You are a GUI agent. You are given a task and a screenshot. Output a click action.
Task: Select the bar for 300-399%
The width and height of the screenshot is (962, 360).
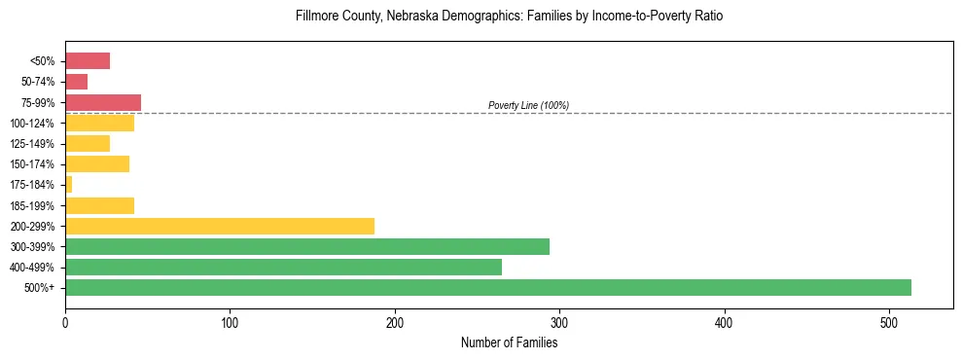point(307,246)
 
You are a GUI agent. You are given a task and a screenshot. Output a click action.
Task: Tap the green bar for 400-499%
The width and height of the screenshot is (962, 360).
point(283,267)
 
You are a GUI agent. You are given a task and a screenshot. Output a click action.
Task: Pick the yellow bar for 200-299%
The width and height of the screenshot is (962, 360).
point(220,226)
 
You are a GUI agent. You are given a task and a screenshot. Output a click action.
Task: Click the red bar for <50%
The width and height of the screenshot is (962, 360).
point(88,61)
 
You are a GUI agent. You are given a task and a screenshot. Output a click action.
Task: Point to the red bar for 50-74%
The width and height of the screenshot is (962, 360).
point(76,82)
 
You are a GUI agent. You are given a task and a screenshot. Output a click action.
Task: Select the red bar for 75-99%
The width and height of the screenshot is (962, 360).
point(103,102)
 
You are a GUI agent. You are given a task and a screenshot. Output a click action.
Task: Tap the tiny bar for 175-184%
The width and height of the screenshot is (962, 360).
point(68,184)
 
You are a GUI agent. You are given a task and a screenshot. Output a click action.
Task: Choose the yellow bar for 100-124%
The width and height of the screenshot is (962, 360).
point(99,123)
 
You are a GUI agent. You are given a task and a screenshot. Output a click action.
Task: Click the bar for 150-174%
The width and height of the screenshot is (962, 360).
point(97,163)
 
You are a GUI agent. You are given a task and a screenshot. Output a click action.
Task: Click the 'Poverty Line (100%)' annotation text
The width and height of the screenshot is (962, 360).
point(528,105)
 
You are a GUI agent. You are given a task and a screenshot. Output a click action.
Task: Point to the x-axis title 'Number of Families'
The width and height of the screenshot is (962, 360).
point(509,342)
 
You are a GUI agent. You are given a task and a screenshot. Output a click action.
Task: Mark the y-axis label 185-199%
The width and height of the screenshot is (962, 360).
point(32,205)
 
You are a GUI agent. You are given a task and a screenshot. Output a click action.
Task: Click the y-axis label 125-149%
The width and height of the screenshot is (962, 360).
point(32,144)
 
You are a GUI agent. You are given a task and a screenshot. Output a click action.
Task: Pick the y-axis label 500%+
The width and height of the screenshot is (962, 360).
point(40,288)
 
